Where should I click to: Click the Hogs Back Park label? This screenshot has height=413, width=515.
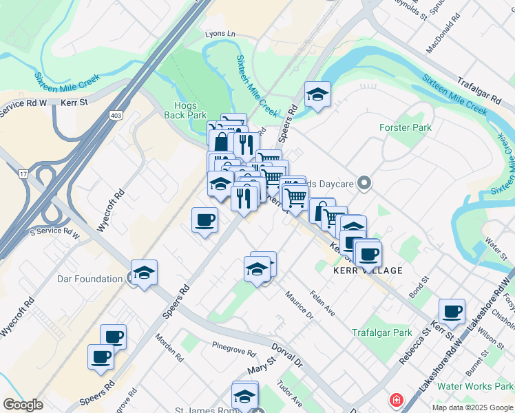tap(187, 110)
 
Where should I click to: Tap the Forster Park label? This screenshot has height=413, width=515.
tap(406, 127)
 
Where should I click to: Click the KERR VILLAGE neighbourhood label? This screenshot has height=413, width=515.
tap(367, 271)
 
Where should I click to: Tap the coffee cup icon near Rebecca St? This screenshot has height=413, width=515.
tap(452, 311)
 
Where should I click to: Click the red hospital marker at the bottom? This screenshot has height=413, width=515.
tap(397, 400)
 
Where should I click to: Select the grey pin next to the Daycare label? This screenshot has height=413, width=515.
tap(365, 183)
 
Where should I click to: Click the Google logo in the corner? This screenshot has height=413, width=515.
tap(23, 405)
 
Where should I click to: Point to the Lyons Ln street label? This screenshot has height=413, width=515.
tap(220, 34)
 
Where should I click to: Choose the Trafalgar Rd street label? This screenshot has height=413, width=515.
tap(479, 89)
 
